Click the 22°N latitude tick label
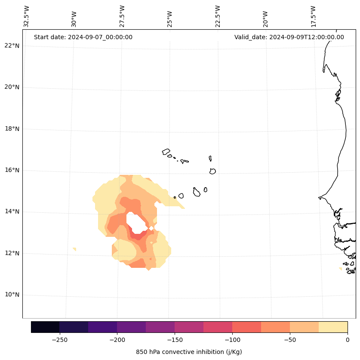click(12, 46)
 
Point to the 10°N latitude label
click(12, 295)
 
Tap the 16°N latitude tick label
click(12, 170)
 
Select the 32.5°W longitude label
click(27, 16)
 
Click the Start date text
click(83, 37)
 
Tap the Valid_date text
click(289, 37)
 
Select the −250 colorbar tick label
click(59, 340)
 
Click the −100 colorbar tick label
click(232, 340)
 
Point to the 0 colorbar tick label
click(348, 340)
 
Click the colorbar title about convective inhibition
click(189, 352)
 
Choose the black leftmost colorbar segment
click(45, 327)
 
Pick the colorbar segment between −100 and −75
click(246, 327)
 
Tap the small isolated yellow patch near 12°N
click(75, 249)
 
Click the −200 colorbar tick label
click(117, 340)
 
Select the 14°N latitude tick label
click(12, 211)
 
